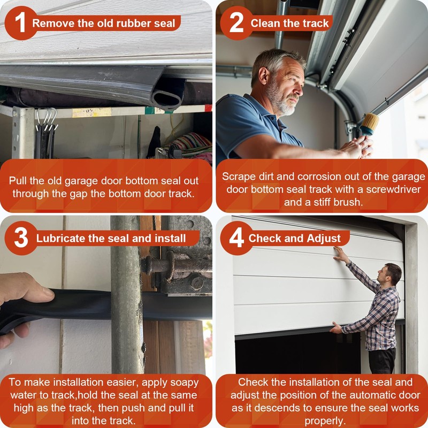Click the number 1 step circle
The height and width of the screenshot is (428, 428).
21,23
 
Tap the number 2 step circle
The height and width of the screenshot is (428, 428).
236,23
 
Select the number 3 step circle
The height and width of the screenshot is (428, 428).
21,238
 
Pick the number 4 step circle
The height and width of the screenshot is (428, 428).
236,238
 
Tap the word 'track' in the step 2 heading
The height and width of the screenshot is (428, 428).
315,23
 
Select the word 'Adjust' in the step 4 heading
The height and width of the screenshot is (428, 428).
324,239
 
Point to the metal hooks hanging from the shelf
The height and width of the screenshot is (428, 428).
47,119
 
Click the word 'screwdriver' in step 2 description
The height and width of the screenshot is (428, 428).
393,189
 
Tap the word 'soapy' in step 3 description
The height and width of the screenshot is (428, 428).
184,383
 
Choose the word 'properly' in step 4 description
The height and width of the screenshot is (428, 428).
324,421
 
